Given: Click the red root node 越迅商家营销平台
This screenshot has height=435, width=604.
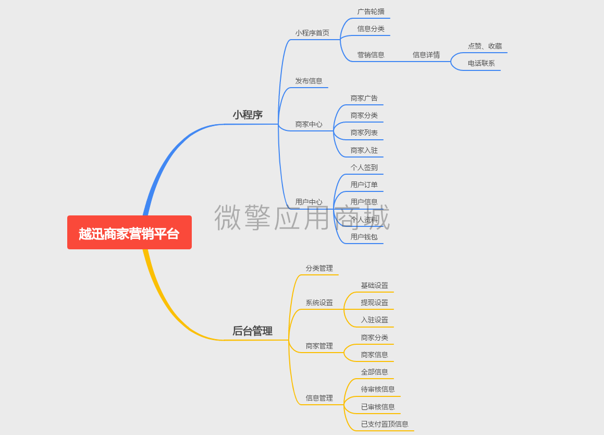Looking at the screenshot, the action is [x=129, y=232].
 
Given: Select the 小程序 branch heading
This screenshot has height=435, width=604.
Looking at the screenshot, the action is [x=248, y=115].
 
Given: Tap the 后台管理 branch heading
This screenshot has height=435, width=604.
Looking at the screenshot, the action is [x=253, y=331].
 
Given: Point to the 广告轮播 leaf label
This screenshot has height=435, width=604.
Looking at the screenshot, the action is [x=371, y=11].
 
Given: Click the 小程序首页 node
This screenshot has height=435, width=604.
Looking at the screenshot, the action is [x=312, y=33].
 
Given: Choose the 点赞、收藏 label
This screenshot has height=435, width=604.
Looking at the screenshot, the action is [x=485, y=46].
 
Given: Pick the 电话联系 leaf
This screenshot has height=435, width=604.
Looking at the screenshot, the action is [x=482, y=63].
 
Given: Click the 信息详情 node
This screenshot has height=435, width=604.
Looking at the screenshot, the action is [x=426, y=55].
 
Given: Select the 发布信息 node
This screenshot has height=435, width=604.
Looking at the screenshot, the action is [x=309, y=81].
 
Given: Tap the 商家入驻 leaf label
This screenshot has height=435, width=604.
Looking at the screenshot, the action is [x=364, y=150].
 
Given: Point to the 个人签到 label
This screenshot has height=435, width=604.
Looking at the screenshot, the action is [x=364, y=167].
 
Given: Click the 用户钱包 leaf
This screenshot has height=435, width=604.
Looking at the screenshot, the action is [x=364, y=237].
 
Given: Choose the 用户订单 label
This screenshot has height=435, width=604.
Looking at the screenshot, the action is [x=364, y=185].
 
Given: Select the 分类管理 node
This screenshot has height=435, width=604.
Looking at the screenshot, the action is [x=319, y=268].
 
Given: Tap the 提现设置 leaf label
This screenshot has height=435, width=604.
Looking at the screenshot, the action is [x=374, y=303].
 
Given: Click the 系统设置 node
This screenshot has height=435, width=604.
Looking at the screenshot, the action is [x=319, y=303].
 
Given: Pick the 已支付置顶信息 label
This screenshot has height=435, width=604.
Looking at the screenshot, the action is [x=385, y=424].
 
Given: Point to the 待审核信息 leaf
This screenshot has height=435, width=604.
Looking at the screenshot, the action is [x=378, y=389].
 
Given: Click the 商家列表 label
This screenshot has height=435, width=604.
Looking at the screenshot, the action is [x=364, y=132].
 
